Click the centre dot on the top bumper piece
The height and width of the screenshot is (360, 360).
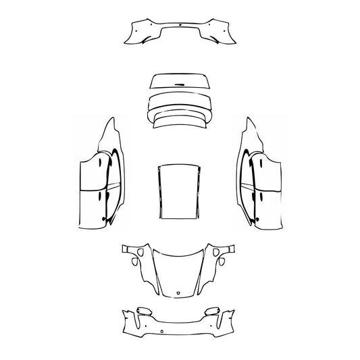pos(181,25)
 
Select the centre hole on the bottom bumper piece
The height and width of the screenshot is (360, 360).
pos(162,330)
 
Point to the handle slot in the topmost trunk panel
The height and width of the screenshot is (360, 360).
pos(180,82)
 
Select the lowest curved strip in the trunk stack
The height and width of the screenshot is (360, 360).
pos(179,122)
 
